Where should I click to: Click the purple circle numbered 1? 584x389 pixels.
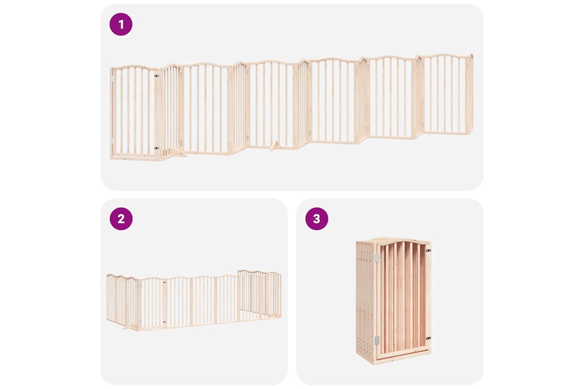pos(121,24)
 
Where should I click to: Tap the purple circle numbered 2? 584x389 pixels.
pos(121,219)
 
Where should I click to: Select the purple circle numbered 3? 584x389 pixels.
pos(317,219)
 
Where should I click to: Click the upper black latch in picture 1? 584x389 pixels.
pos(157,76)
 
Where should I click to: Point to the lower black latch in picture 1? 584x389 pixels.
pos(157,148)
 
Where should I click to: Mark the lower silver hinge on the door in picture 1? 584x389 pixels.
pos(113,141)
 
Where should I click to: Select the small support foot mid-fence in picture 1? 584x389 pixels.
pos(273,146)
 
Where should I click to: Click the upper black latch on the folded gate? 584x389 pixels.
pos(428,251)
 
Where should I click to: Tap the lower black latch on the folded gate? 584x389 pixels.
pos(428,338)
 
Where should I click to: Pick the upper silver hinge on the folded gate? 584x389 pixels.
pos(377,258)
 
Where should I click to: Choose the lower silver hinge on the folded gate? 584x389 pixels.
pos(377,340)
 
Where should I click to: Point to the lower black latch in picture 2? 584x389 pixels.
pos(164,322)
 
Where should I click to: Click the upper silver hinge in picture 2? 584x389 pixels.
pos(141,286)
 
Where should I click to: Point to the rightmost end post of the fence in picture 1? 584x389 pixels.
pos(470,94)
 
